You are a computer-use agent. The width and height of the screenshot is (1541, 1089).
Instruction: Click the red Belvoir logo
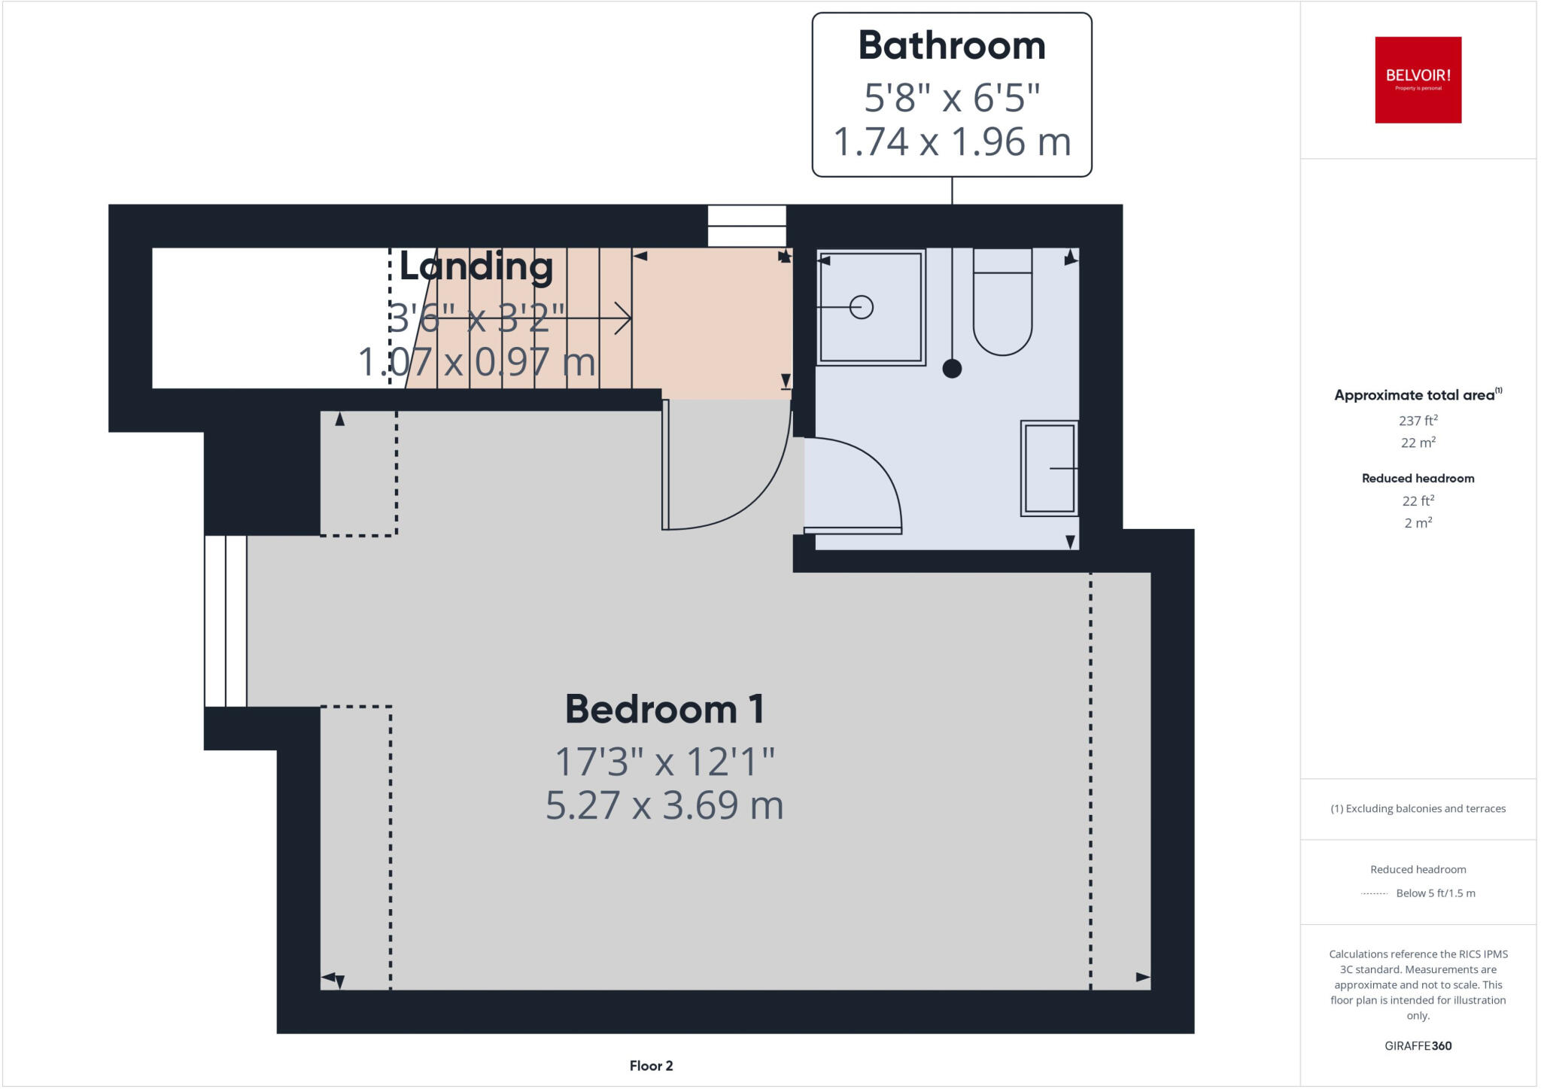tap(1418, 80)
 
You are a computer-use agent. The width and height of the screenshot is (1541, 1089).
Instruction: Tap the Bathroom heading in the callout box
tap(951, 46)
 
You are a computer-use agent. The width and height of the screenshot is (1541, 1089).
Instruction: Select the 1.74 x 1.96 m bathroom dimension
tap(951, 141)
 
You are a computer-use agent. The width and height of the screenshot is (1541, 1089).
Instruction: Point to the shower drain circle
tap(861, 307)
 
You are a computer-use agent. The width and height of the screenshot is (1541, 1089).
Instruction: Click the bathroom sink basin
tap(1049, 468)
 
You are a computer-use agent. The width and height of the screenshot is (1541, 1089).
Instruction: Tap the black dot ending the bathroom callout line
tap(952, 369)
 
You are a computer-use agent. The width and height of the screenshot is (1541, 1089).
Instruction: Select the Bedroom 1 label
tap(664, 709)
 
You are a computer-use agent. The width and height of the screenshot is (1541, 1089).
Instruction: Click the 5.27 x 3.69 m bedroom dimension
tap(664, 805)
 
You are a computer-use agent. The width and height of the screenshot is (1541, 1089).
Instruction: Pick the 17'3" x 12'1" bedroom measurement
tap(664, 761)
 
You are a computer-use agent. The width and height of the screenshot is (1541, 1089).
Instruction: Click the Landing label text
tap(476, 266)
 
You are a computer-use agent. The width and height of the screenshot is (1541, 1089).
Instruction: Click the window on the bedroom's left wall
tap(226, 621)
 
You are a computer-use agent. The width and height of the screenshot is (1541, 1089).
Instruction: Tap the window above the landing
tap(746, 226)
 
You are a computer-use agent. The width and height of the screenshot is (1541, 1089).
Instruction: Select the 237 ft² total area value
tap(1418, 421)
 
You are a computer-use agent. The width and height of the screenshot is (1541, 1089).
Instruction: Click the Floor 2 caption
tap(651, 1066)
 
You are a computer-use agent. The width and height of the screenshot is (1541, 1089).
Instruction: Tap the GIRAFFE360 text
tap(1418, 1045)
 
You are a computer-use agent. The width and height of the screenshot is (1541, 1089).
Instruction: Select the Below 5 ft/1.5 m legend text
tap(1435, 893)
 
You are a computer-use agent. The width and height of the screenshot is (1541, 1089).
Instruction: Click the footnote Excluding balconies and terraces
tap(1418, 809)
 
